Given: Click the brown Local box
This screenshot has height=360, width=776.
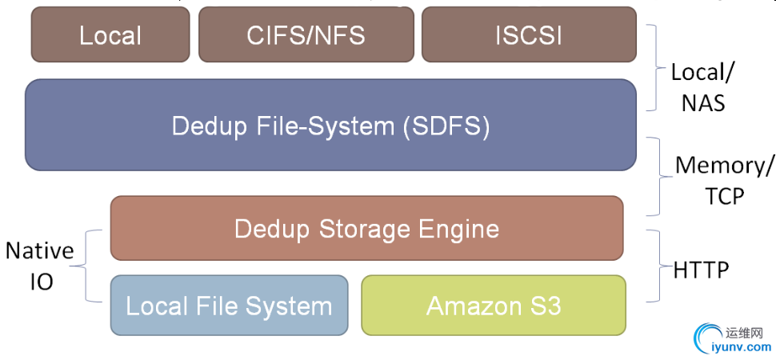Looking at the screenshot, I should (x=110, y=35).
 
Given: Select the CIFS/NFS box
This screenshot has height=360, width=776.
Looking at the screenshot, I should (x=306, y=35).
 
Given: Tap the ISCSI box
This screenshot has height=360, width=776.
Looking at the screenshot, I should (x=529, y=35).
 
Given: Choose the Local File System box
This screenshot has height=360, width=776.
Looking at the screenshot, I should (x=229, y=305).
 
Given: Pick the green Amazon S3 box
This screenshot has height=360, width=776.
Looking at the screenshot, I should (x=494, y=305).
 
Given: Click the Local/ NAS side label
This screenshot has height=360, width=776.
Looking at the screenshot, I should (x=702, y=86).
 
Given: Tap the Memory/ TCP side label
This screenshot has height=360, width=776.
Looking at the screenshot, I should (x=724, y=181).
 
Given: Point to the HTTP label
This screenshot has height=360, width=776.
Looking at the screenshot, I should (x=701, y=270).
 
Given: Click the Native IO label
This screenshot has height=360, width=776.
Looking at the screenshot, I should (x=39, y=266).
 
